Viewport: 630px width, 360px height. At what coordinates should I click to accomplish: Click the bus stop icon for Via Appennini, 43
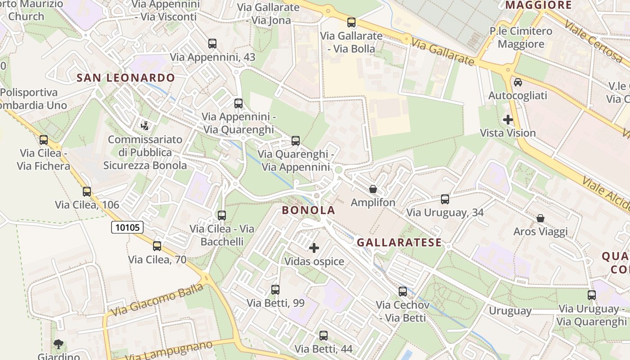pyautogui.click(x=212, y=44)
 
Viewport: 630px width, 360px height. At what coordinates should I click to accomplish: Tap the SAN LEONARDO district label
pyautogui.click(x=126, y=78)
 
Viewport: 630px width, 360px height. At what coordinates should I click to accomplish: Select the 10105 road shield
pyautogui.click(x=127, y=227)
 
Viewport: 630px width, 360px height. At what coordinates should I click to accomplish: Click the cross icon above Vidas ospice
pyautogui.click(x=314, y=248)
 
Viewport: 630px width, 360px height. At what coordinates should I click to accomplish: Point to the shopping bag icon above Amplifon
pyautogui.click(x=373, y=189)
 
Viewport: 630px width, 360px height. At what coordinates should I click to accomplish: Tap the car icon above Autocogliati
pyautogui.click(x=518, y=82)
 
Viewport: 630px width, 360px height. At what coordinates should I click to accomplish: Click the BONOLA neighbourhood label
pyautogui.click(x=309, y=210)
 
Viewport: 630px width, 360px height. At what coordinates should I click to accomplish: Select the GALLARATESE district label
pyautogui.click(x=399, y=243)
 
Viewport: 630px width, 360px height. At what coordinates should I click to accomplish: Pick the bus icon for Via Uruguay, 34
pyautogui.click(x=445, y=199)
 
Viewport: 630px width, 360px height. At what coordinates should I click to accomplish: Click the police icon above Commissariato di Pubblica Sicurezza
pyautogui.click(x=145, y=126)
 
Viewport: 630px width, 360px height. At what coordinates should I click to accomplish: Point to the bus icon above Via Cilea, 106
pyautogui.click(x=87, y=192)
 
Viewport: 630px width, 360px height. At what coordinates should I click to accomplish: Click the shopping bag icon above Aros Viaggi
pyautogui.click(x=540, y=218)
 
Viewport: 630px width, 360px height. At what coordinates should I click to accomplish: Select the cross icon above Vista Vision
pyautogui.click(x=508, y=120)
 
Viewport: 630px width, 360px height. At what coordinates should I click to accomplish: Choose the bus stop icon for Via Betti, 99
pyautogui.click(x=275, y=290)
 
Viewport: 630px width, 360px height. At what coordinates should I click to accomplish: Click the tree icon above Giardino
pyautogui.click(x=58, y=345)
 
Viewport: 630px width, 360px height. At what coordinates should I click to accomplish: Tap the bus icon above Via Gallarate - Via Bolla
pyautogui.click(x=351, y=22)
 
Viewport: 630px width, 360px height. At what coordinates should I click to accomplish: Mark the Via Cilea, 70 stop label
pyautogui.click(x=157, y=260)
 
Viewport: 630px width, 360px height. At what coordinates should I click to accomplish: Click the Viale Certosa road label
pyautogui.click(x=593, y=41)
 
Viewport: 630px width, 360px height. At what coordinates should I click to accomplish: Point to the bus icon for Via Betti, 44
pyautogui.click(x=324, y=336)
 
